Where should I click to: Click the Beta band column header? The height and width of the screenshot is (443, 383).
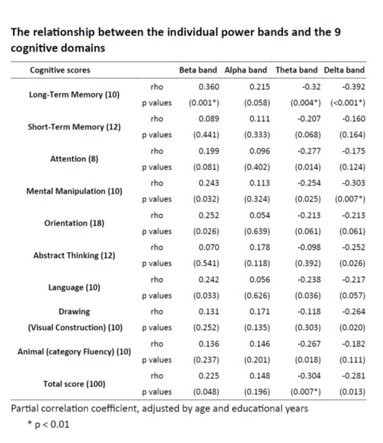tap(198, 70)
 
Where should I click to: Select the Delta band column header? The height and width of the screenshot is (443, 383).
tap(345, 70)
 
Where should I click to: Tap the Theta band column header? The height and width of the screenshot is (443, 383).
tap(296, 70)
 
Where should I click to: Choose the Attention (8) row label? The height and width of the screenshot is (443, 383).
tap(74, 159)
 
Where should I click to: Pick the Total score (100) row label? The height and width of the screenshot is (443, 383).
tap(74, 383)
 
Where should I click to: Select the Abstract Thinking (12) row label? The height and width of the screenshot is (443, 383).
tap(74, 255)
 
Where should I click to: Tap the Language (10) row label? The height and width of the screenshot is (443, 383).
tap(74, 287)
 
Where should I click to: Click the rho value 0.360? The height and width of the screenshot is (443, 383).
tap(209, 86)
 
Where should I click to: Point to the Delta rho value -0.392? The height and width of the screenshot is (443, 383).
tap(354, 86)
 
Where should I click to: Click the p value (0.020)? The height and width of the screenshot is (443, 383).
tap(352, 327)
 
